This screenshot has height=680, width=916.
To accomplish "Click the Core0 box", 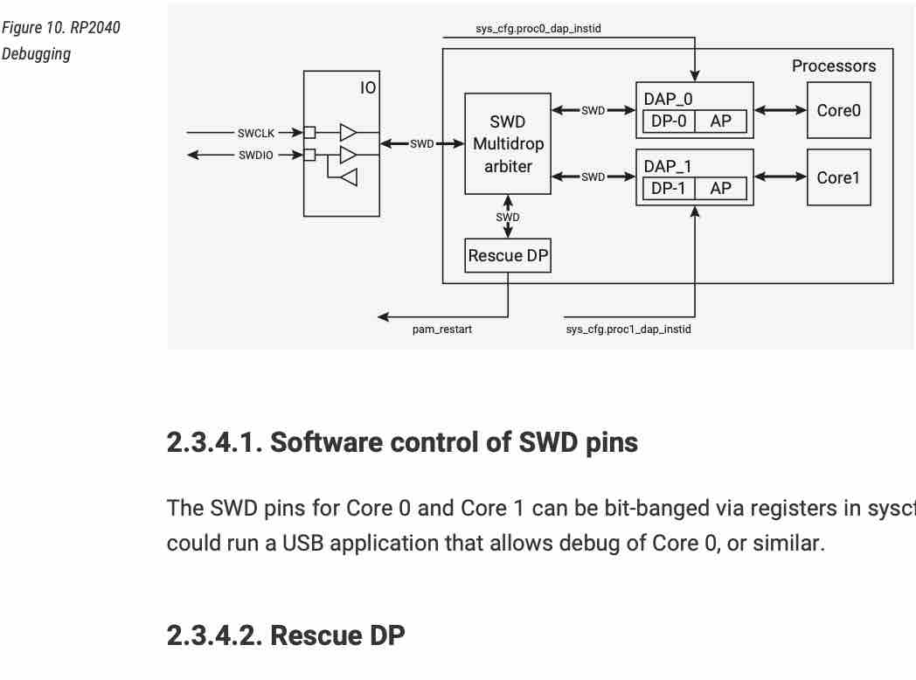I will pos(838,110).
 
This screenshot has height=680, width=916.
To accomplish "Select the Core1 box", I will pos(838,177).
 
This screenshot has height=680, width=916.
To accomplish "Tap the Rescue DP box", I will pos(508,255).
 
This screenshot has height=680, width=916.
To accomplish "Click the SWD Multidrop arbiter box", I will pos(508,143).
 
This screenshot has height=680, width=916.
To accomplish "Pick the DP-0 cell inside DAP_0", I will pos(669,121).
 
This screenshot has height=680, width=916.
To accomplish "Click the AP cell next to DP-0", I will pos(721,121).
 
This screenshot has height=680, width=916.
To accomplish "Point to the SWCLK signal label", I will pos(256,133).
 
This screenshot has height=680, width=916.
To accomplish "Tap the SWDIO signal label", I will pos(256,156).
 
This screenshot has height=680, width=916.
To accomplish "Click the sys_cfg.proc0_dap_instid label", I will pos(538,29).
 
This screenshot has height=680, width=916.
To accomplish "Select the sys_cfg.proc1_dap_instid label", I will pos(628,330).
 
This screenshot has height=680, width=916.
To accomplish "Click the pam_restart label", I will pos(442,330).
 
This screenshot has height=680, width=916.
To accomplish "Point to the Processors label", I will pos(833,66).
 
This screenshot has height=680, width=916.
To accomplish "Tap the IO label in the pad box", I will pos(368,87).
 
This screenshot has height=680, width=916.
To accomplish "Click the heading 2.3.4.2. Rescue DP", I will pos(286,635).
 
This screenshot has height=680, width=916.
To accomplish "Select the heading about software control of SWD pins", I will pos(402,443).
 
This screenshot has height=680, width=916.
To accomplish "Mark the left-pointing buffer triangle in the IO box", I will pos(349,177).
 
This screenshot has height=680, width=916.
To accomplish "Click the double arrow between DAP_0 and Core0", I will pos(780,111).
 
